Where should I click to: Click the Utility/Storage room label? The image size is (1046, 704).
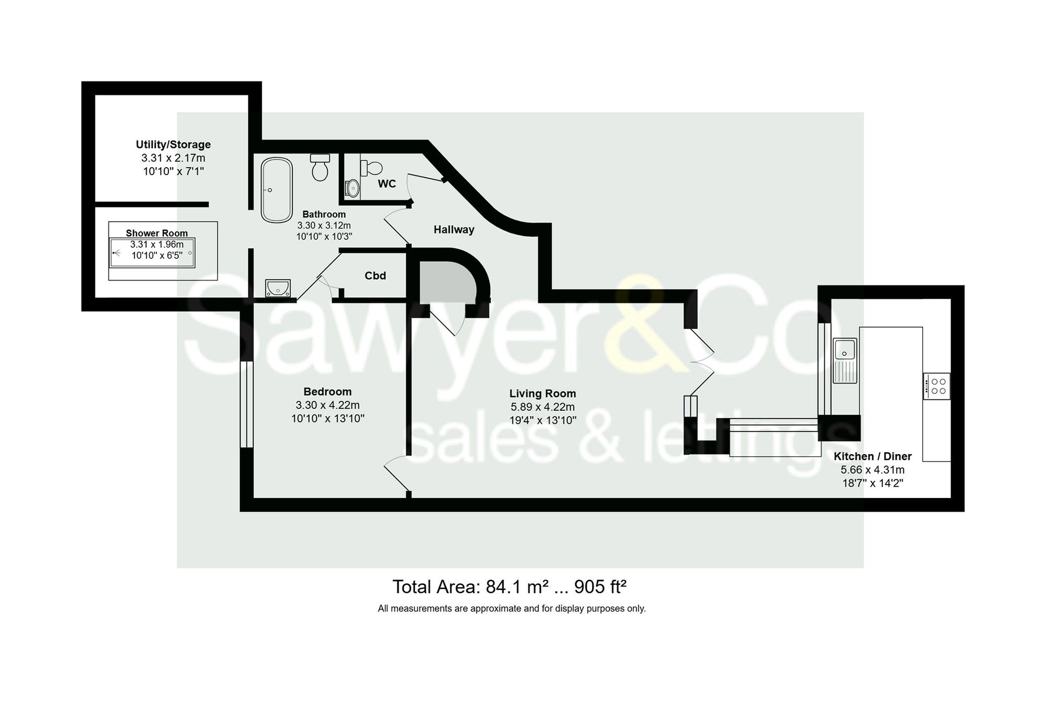173,144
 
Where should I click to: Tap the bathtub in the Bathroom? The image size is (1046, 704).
277,190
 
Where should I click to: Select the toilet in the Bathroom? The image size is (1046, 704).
320,167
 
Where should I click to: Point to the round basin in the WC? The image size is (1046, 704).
353,188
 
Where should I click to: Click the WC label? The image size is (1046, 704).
386,183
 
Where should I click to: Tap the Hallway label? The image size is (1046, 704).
453,229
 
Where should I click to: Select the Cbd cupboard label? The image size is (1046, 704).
375,275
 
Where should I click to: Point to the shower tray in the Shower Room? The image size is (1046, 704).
152,253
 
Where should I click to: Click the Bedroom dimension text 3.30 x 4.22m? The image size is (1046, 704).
327,405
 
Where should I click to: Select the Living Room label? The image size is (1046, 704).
542,394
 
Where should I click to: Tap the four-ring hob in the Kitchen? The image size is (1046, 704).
936,386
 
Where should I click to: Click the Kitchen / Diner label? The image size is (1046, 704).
872,456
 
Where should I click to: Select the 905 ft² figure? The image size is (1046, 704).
600,587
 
